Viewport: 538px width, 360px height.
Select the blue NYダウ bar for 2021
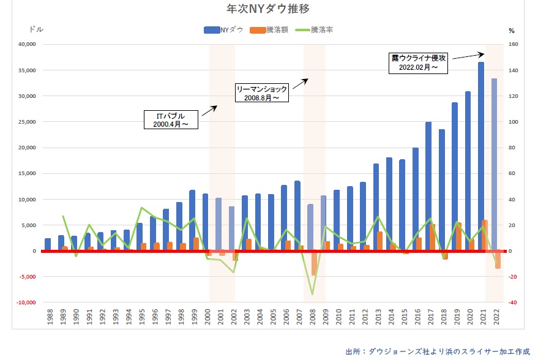pos(481,156)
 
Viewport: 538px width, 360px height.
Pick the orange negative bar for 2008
pos(314,263)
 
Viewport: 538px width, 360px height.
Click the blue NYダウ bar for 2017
pos(428,186)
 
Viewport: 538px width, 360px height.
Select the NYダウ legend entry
pos(223,29)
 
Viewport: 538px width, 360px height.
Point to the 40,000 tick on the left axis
pos(28,45)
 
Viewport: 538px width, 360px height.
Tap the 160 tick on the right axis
pos(514,45)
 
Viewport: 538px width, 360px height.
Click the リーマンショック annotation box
pos(262,93)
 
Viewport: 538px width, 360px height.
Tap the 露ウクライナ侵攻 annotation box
pos(419,62)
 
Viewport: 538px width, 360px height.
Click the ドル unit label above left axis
pos(37,29)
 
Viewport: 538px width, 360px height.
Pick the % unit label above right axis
pos(512,29)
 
